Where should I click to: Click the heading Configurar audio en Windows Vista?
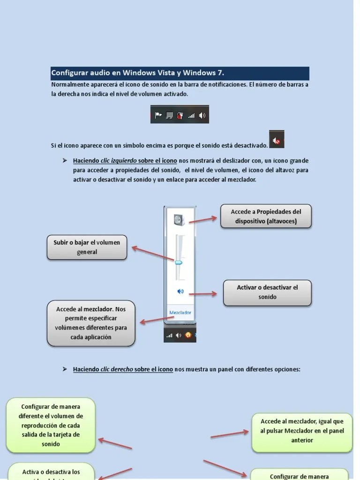point(137,73)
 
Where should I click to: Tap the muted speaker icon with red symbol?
point(277,140)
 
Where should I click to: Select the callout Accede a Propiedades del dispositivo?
point(266,216)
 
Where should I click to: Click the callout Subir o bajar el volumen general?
point(87,247)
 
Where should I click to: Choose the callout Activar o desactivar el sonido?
point(267,292)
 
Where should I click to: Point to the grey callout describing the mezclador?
point(91,323)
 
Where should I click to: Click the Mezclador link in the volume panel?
point(180,312)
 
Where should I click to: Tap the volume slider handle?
point(179,263)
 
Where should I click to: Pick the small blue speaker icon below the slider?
point(180,291)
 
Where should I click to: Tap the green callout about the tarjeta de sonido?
point(51,425)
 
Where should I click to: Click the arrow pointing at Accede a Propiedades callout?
point(202,219)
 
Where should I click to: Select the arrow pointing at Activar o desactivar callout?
point(202,294)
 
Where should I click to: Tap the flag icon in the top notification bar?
point(158,115)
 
